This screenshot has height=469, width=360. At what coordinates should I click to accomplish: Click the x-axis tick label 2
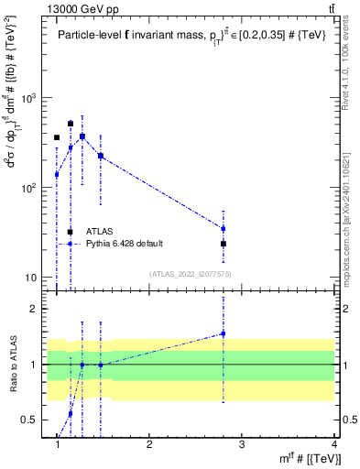tap(149, 444)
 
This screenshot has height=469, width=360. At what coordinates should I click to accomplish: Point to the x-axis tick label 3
tap(241, 444)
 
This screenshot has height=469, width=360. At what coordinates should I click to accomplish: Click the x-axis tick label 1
tap(58, 444)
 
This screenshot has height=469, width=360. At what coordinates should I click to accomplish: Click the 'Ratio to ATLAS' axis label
tap(13, 365)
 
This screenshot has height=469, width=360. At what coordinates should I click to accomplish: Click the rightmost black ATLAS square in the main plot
tap(223, 244)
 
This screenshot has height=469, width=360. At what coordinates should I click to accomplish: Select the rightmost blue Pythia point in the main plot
tap(223, 228)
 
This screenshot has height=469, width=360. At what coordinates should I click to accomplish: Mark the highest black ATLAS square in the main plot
tap(70, 124)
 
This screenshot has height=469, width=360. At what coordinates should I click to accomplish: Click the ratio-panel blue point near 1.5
tap(223, 333)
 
